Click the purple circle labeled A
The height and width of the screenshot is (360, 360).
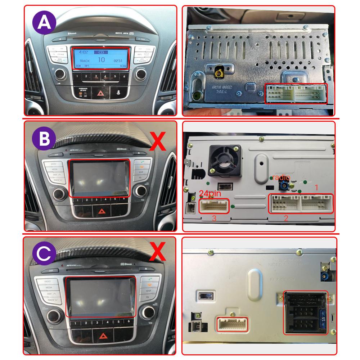pos(44,22)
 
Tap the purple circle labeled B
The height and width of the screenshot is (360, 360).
pos(44,140)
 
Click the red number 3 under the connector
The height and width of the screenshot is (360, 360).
pos(213,218)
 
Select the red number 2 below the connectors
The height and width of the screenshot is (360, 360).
pos(286,218)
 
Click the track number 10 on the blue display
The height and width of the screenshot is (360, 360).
pos(102,60)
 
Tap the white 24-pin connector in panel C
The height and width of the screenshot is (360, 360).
pos(232,324)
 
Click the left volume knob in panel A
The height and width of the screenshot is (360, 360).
pos(59,76)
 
